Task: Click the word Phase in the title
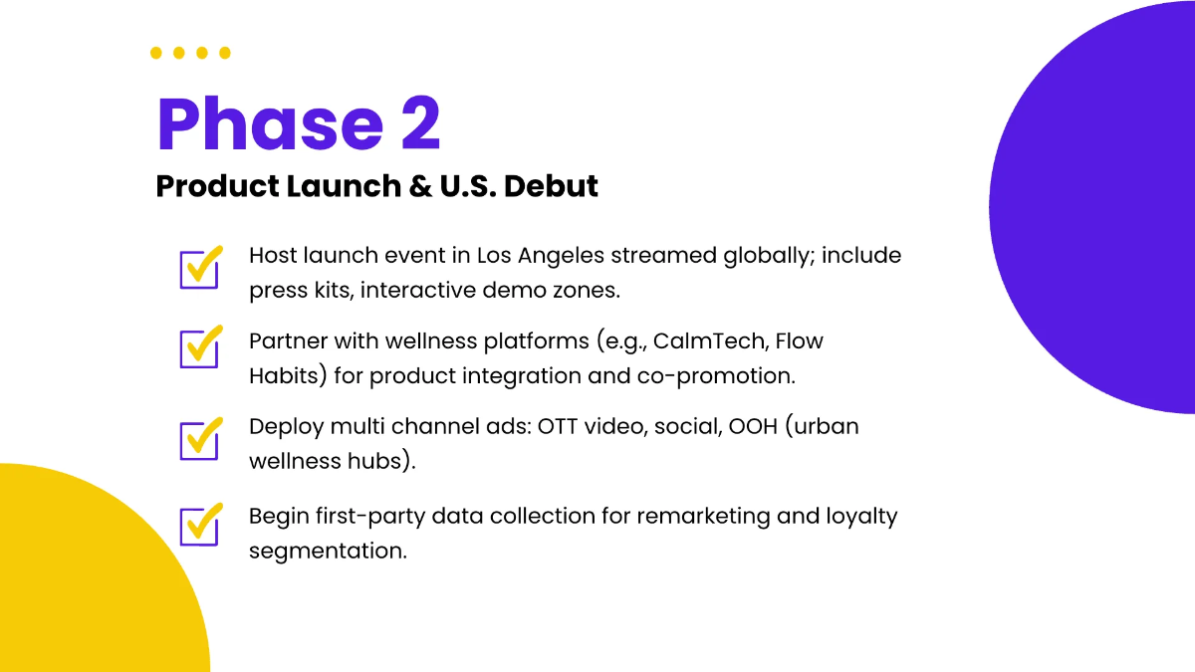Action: (x=270, y=123)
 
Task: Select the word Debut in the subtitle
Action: (x=551, y=186)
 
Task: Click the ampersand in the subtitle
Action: (x=420, y=186)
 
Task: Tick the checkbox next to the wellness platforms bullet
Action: (x=200, y=347)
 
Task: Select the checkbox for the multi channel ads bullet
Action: (x=200, y=439)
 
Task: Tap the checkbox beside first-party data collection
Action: (x=200, y=525)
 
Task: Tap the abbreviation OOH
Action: (x=753, y=427)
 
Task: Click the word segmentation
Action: (x=328, y=552)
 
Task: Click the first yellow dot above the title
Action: (x=155, y=53)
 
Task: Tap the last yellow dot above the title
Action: (x=225, y=53)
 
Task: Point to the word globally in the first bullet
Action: (x=769, y=257)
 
